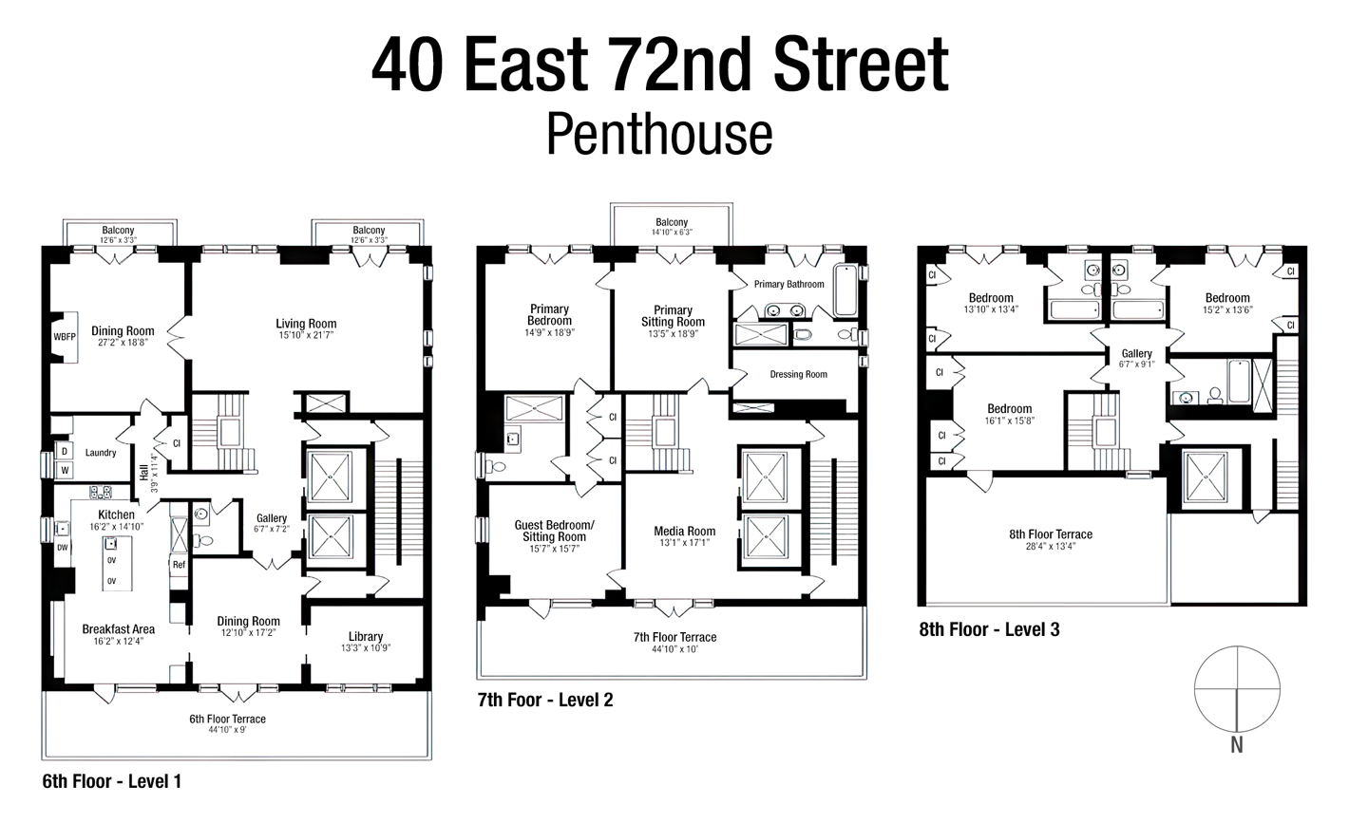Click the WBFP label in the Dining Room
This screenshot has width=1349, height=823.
(64, 337)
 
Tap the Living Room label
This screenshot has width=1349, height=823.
(307, 324)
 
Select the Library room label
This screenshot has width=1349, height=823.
(366, 637)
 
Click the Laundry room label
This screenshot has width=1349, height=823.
(101, 453)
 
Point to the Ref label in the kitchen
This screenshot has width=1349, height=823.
(179, 565)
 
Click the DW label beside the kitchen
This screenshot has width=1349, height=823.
(63, 548)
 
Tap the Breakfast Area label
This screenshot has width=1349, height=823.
(118, 629)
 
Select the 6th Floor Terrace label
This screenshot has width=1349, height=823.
(227, 719)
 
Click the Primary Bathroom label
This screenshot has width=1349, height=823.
(788, 284)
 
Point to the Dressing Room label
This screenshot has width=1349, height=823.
(798, 374)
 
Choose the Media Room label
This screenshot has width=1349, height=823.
(684, 532)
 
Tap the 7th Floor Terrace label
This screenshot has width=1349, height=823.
(674, 637)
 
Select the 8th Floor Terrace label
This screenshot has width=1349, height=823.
(1051, 534)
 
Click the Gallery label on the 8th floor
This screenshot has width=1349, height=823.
(1136, 354)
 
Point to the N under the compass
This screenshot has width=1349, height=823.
(1237, 746)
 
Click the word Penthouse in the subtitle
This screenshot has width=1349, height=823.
(658, 135)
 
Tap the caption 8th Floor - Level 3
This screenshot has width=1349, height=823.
(989, 629)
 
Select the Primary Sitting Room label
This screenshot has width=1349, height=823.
(673, 316)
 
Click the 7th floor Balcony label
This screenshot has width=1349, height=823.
(672, 222)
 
